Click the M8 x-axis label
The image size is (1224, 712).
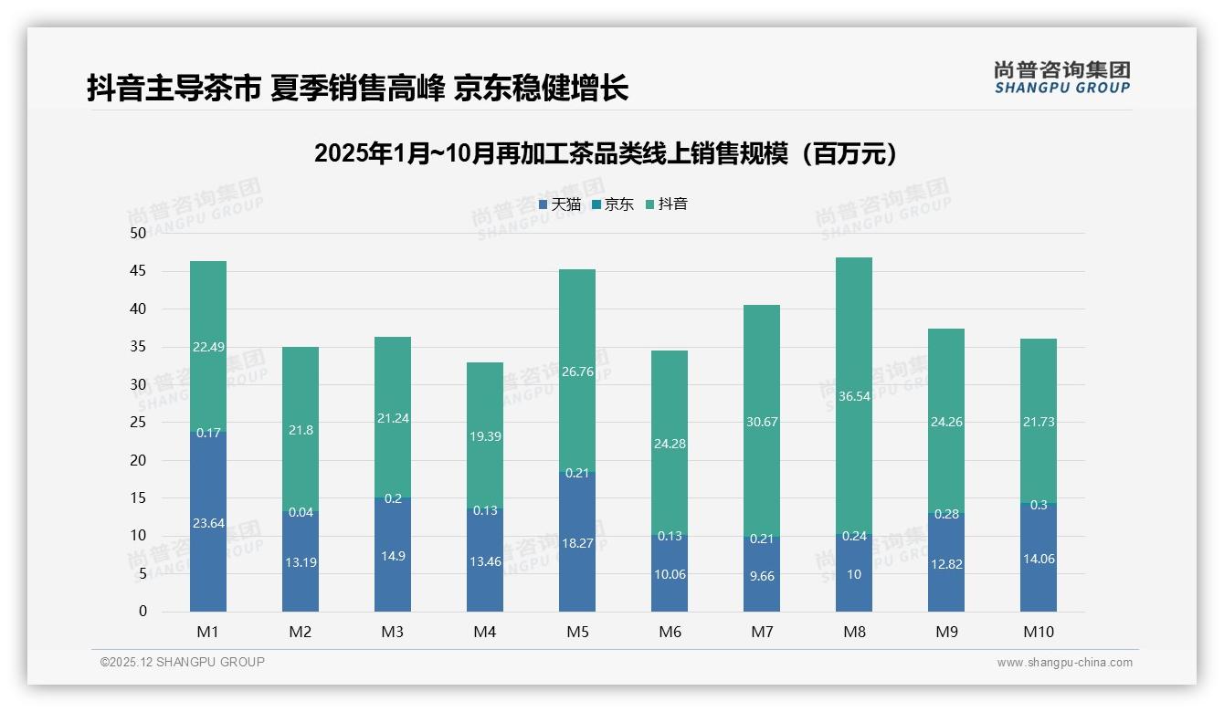click(854, 632)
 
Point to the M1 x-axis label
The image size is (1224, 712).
click(208, 632)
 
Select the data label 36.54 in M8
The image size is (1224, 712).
click(854, 397)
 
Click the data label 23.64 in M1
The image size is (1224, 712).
click(208, 523)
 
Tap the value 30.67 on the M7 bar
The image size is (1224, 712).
click(762, 421)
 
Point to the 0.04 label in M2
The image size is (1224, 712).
click(301, 512)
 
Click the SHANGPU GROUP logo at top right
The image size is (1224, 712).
click(1061, 78)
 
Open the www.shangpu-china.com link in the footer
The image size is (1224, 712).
click(1064, 663)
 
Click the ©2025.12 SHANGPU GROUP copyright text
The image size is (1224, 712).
click(183, 663)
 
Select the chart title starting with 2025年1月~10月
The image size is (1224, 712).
click(606, 153)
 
